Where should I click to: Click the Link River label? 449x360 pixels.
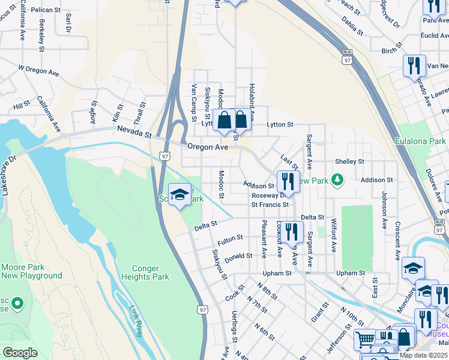(139, 320)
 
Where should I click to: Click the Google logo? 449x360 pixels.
(20, 352)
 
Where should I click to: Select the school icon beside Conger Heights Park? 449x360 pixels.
(179, 194)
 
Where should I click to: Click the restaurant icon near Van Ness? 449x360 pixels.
(413, 65)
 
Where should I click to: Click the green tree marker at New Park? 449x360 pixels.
(338, 179)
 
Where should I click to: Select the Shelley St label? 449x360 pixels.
(349, 161)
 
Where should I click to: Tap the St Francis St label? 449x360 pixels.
(270, 205)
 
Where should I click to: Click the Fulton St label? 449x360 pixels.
(230, 241)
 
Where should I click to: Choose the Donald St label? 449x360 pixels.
(238, 257)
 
